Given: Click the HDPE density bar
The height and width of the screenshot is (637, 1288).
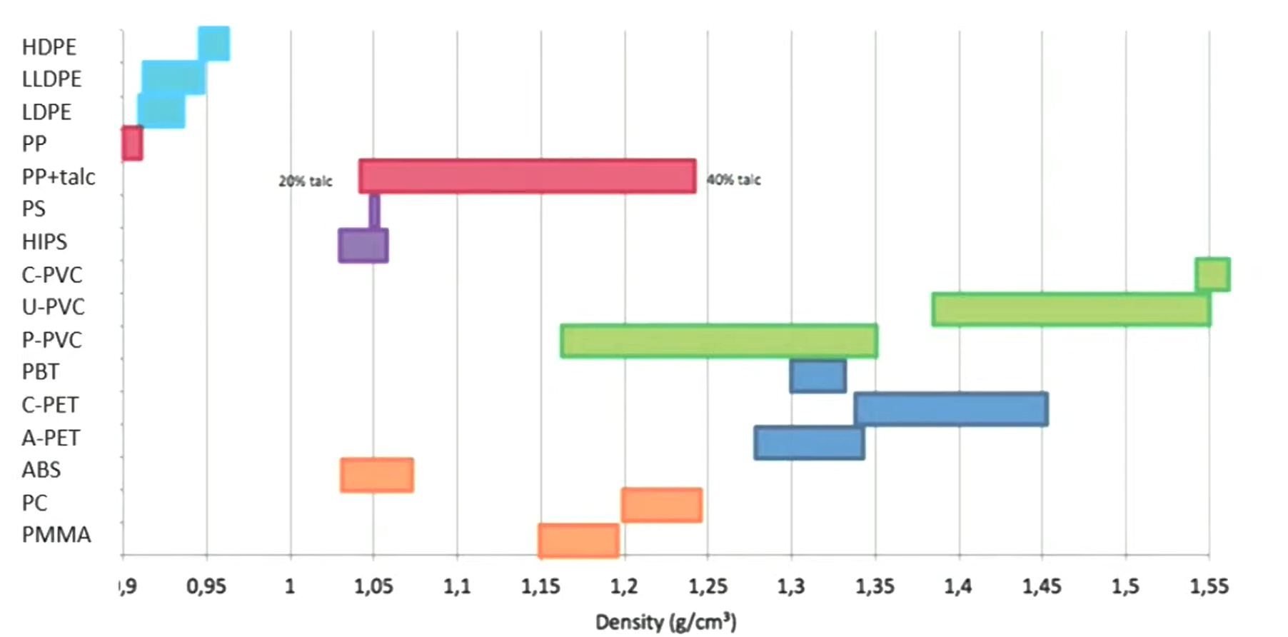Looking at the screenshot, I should tap(213, 44).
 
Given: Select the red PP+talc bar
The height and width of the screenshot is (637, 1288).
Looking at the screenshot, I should tap(528, 176).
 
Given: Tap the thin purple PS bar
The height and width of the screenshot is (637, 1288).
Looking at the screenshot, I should tap(374, 211).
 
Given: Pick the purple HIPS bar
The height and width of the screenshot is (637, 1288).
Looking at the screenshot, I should tap(363, 246).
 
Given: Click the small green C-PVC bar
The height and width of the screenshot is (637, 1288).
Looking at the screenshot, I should tap(1212, 275).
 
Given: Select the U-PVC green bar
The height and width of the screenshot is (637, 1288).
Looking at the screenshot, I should tap(1071, 309).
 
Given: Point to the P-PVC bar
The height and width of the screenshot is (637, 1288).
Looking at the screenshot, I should tap(719, 341).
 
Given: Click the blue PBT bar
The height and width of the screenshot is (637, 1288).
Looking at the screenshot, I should tap(818, 376).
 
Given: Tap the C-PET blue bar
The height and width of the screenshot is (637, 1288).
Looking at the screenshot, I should tap(951, 409).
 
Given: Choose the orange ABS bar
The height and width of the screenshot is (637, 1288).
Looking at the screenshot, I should tap(377, 475).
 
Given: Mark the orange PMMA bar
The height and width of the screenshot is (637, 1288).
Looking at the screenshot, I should tap(578, 541).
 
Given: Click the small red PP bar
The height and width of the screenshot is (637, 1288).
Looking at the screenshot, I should tap(132, 144).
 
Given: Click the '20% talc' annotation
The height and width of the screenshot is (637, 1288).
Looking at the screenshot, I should tap(306, 181).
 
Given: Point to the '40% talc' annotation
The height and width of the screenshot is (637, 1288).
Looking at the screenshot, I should tap(734, 180).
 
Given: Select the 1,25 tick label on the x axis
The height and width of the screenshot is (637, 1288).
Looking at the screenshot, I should tap(708, 587).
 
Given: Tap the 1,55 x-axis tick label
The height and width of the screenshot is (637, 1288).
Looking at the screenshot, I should tap(1209, 587).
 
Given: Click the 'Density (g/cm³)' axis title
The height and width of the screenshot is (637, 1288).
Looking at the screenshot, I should tap(665, 622).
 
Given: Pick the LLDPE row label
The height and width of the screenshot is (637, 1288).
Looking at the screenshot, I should tap(51, 79).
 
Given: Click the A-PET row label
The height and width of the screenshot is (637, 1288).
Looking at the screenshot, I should tap(51, 438).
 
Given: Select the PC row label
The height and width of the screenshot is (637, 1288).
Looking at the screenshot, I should tap(34, 503).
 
